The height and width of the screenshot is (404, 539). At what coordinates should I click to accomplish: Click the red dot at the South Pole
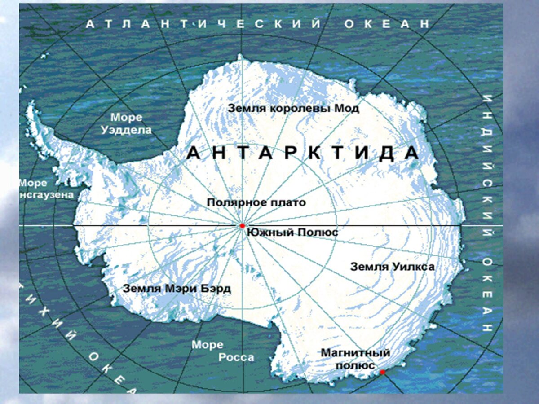(242, 225)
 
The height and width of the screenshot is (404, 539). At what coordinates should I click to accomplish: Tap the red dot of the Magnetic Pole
(382, 372)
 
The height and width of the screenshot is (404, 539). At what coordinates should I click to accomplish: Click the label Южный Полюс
(292, 233)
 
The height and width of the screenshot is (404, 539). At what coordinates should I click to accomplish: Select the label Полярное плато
(256, 202)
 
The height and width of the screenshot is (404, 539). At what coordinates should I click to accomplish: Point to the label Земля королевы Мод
(293, 108)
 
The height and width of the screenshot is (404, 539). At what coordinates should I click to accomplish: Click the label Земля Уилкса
(392, 267)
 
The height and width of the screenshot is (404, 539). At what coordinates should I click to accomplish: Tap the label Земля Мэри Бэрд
(177, 289)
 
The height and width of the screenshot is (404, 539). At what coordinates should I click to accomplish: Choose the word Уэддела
(126, 130)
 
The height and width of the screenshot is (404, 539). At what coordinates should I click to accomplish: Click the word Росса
(236, 357)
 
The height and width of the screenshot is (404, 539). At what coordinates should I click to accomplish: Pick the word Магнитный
(355, 353)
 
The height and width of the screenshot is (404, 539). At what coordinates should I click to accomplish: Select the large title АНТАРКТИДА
(303, 154)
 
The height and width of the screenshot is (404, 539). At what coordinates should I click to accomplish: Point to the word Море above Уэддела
(126, 118)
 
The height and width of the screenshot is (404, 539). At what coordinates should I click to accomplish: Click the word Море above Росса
(208, 345)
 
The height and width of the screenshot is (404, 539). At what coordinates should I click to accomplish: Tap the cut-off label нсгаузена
(46, 195)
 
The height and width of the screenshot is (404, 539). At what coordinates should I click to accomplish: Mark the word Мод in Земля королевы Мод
(347, 108)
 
